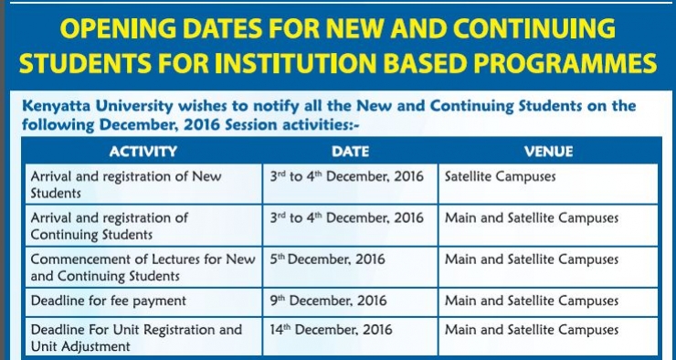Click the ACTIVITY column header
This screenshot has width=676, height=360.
point(143,152)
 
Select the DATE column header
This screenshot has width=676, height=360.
point(350,152)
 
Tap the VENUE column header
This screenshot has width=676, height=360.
point(548,152)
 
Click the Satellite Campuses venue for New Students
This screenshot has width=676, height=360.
point(500,176)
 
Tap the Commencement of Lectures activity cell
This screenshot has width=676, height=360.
point(143,268)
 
